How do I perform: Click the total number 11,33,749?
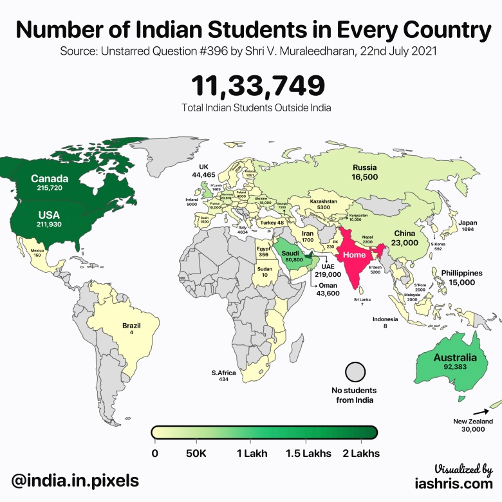(257, 86)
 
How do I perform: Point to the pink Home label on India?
(355, 255)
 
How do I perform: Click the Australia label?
(454, 358)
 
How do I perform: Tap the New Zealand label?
(472, 422)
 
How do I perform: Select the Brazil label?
(131, 326)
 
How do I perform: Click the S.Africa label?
(223, 373)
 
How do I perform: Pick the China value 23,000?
(405, 243)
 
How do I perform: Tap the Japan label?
(467, 224)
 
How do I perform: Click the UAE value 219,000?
(328, 274)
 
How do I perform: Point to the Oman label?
(328, 286)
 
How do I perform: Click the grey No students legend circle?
(355, 373)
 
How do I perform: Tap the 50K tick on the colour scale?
(196, 453)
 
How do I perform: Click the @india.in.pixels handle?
(74, 479)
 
